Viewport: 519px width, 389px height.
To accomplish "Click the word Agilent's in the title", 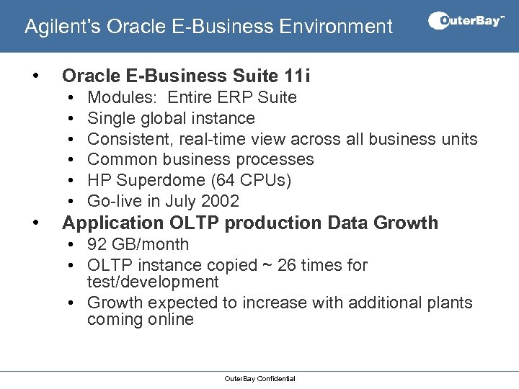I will click(63, 27).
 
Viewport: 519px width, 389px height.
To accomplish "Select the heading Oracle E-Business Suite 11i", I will click(186, 76).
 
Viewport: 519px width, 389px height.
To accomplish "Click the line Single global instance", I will click(171, 118).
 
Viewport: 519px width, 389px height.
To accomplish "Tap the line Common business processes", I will click(200, 159).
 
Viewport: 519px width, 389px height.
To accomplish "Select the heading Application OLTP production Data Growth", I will click(250, 223).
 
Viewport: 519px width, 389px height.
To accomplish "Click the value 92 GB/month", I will click(138, 244).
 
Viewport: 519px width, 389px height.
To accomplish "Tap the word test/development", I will click(153, 282).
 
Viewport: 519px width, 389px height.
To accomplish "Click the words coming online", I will click(141, 319).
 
